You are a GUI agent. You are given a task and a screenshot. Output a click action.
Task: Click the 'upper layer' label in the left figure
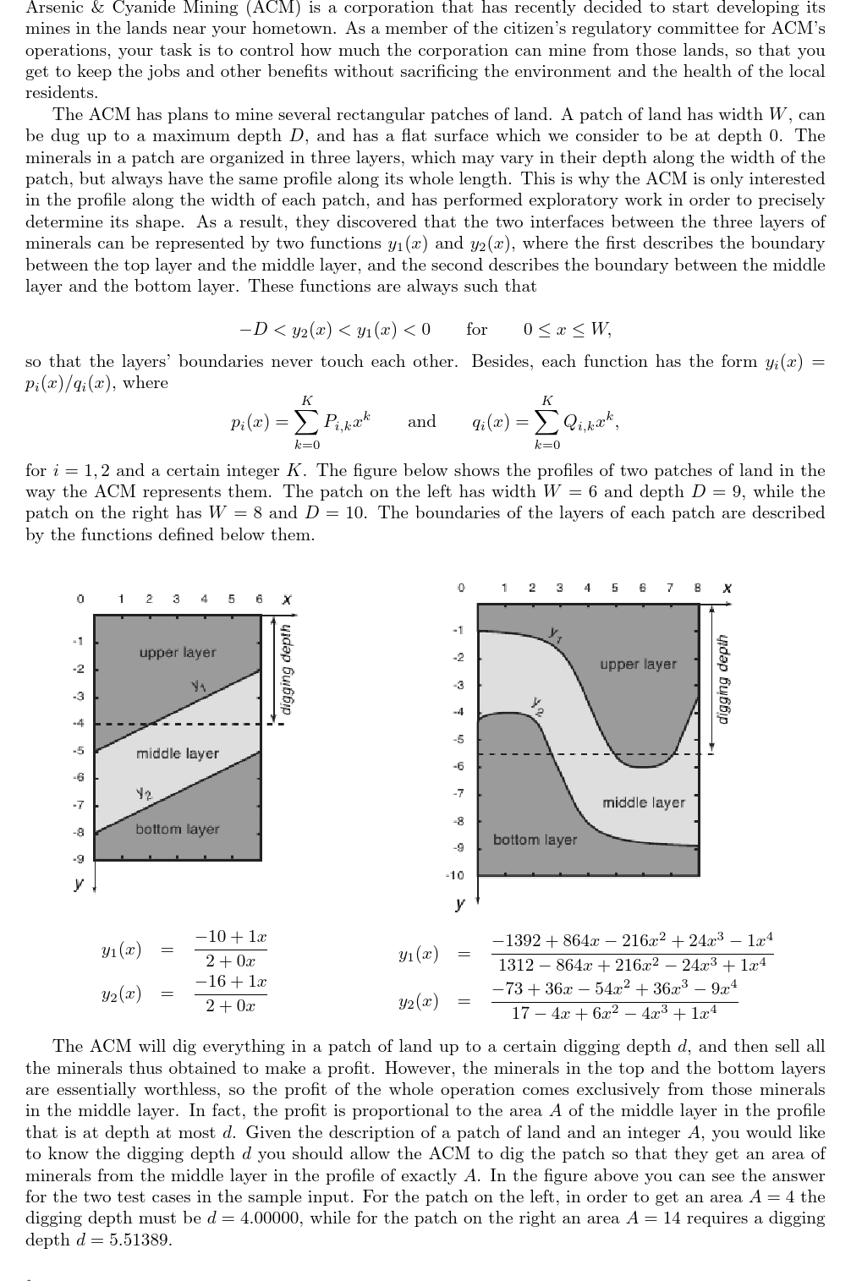(x=178, y=653)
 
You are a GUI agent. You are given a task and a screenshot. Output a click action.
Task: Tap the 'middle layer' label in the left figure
(x=178, y=753)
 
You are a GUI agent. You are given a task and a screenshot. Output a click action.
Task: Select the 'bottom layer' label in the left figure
(x=177, y=829)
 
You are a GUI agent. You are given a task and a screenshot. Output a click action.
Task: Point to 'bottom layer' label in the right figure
(x=535, y=840)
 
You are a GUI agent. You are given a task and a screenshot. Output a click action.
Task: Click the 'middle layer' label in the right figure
(x=644, y=802)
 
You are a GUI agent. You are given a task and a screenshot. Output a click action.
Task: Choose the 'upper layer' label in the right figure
(x=638, y=665)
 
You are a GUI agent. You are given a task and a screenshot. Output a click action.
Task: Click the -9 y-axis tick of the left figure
(x=78, y=859)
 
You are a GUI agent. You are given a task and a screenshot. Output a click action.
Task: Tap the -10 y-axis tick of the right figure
(x=456, y=875)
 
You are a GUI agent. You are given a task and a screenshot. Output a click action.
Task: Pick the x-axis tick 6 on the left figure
(x=259, y=599)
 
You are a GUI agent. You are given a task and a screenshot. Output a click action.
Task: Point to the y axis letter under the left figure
(x=79, y=885)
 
